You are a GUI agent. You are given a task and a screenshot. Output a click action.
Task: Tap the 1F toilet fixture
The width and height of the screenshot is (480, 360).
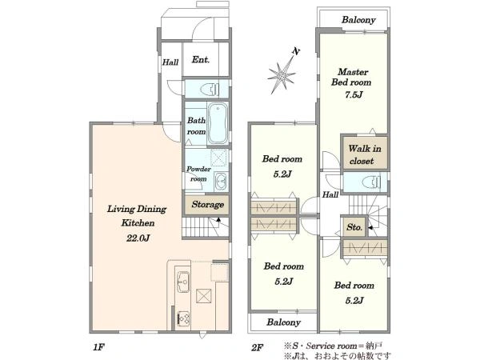(x=210, y=90)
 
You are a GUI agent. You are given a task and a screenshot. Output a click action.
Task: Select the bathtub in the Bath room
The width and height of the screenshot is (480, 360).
(x=218, y=123)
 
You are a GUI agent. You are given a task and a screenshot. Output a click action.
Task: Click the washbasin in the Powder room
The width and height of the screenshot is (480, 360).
(x=220, y=182)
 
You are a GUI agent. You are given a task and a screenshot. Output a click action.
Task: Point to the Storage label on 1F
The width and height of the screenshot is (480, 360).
(x=207, y=204)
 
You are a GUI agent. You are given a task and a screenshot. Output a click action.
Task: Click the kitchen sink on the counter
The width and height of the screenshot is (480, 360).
(x=183, y=282)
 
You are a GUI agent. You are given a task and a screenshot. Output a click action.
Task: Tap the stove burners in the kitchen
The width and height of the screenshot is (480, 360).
(x=184, y=318)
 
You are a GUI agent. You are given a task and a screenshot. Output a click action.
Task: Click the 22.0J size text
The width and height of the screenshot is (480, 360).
(x=138, y=238)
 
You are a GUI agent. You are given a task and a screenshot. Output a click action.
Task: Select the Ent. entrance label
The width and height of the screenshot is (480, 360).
(x=201, y=59)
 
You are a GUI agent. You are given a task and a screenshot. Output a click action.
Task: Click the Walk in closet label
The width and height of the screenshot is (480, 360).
(x=365, y=154)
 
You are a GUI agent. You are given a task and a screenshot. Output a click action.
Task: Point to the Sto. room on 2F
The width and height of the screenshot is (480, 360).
(x=354, y=227)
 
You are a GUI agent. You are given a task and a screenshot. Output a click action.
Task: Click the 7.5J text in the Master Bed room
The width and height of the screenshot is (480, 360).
(x=354, y=94)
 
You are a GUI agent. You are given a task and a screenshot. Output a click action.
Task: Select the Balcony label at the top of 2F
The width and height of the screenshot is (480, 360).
(x=358, y=20)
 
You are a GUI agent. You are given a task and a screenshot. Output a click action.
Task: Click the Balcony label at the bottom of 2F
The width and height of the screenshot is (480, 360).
(x=283, y=322)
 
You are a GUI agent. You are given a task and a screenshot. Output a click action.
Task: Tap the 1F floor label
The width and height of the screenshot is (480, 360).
(x=99, y=347)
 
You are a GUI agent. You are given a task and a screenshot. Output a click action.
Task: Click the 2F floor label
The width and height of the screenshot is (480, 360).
(x=258, y=347)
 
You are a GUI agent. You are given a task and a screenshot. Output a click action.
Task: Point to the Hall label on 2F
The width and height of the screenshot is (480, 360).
(x=330, y=194)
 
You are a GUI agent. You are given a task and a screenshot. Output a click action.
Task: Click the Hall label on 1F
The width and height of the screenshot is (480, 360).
(x=170, y=62)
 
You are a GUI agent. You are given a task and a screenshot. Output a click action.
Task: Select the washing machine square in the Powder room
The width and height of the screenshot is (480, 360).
(x=219, y=158)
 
